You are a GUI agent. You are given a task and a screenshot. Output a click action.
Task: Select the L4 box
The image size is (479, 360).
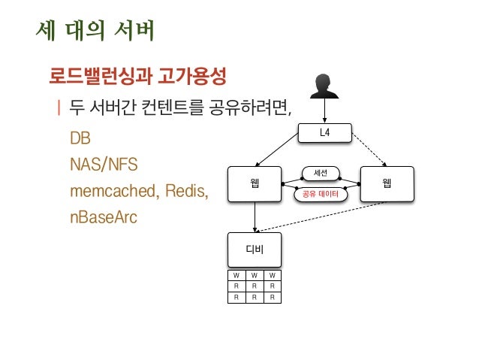click(324, 132)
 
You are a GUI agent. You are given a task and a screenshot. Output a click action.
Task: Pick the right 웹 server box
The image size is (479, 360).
click(387, 183)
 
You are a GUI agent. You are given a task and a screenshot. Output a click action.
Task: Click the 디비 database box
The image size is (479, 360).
click(255, 249)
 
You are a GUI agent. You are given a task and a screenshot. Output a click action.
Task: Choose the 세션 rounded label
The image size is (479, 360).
click(321, 174)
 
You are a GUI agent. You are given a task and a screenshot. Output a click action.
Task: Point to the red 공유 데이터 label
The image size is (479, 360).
click(321, 194)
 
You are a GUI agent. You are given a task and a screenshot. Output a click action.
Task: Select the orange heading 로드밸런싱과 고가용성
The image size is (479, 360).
click(138, 76)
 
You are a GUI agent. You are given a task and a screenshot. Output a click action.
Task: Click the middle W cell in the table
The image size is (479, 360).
click(254, 275)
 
